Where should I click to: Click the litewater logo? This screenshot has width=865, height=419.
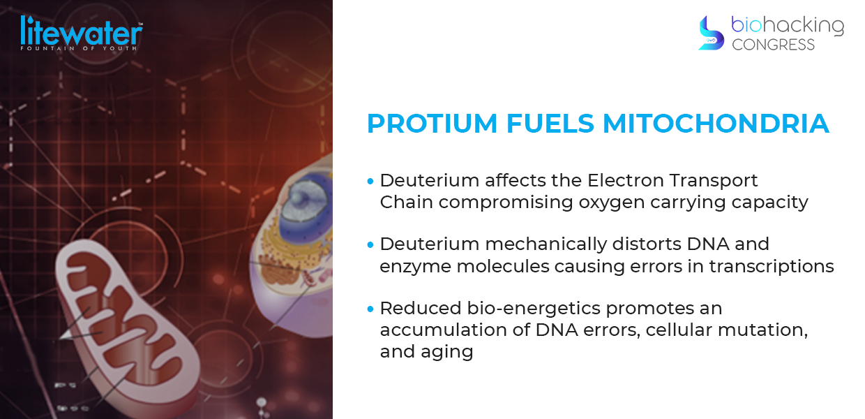81,33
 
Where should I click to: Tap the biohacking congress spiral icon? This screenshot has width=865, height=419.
711,33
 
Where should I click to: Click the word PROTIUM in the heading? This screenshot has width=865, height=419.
432,124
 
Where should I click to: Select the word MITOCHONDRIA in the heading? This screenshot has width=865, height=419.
716,124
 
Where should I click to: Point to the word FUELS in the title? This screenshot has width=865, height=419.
550,124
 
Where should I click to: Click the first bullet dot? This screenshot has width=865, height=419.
370,181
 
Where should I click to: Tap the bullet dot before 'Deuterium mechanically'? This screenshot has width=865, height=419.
370,244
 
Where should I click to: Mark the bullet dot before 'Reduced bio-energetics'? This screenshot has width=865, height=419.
370,309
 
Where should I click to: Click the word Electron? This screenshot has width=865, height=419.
625,180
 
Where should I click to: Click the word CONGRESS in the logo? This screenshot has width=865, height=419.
773,45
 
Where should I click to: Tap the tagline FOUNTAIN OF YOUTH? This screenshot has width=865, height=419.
78,48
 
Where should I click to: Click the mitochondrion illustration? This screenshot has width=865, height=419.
128,325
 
